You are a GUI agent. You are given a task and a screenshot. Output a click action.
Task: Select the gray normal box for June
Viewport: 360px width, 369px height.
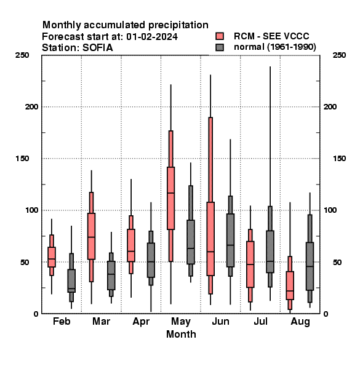(230, 240)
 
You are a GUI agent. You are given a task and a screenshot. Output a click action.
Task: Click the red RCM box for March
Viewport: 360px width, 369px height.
(91, 236)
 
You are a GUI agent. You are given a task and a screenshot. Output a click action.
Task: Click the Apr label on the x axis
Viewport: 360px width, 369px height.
(141, 322)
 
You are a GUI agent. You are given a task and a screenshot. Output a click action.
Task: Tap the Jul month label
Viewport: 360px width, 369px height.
(260, 321)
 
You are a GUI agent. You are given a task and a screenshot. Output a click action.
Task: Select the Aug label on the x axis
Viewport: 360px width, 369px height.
(300, 322)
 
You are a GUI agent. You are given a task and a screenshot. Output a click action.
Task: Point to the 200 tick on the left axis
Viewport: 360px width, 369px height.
(31, 106)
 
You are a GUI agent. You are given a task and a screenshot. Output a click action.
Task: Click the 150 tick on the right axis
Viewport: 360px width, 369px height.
(339, 159)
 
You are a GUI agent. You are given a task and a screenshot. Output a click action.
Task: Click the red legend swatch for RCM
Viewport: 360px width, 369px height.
(220, 36)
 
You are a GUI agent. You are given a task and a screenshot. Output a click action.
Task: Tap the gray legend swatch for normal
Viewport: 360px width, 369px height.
(220, 47)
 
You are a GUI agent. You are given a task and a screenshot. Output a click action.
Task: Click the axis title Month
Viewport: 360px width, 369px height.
(181, 334)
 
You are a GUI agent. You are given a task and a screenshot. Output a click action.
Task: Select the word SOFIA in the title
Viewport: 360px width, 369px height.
(97, 48)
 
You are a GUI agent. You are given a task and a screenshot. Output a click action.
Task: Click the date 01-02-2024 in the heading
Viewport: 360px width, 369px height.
(152, 37)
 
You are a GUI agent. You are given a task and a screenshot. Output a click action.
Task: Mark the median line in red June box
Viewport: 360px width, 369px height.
(210, 252)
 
